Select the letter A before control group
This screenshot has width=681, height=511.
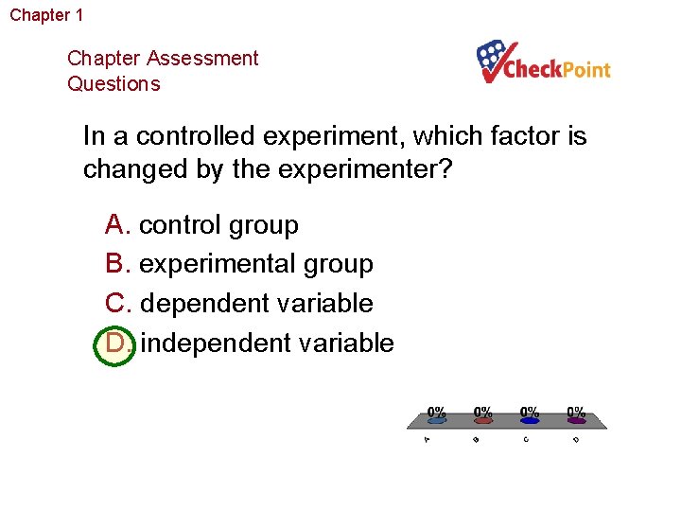116,225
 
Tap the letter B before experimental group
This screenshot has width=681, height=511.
116,264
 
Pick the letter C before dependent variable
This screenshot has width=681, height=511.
117,304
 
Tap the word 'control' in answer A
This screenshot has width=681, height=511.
178,225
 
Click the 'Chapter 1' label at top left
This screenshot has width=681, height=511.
46,15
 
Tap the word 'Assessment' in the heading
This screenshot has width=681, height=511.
201,58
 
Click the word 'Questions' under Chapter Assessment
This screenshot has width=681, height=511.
113,83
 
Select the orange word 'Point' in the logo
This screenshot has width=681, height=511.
586,70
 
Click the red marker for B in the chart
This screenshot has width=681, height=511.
483,421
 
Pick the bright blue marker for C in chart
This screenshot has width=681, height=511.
530,421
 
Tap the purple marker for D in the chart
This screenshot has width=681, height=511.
576,421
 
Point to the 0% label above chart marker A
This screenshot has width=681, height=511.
437,412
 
